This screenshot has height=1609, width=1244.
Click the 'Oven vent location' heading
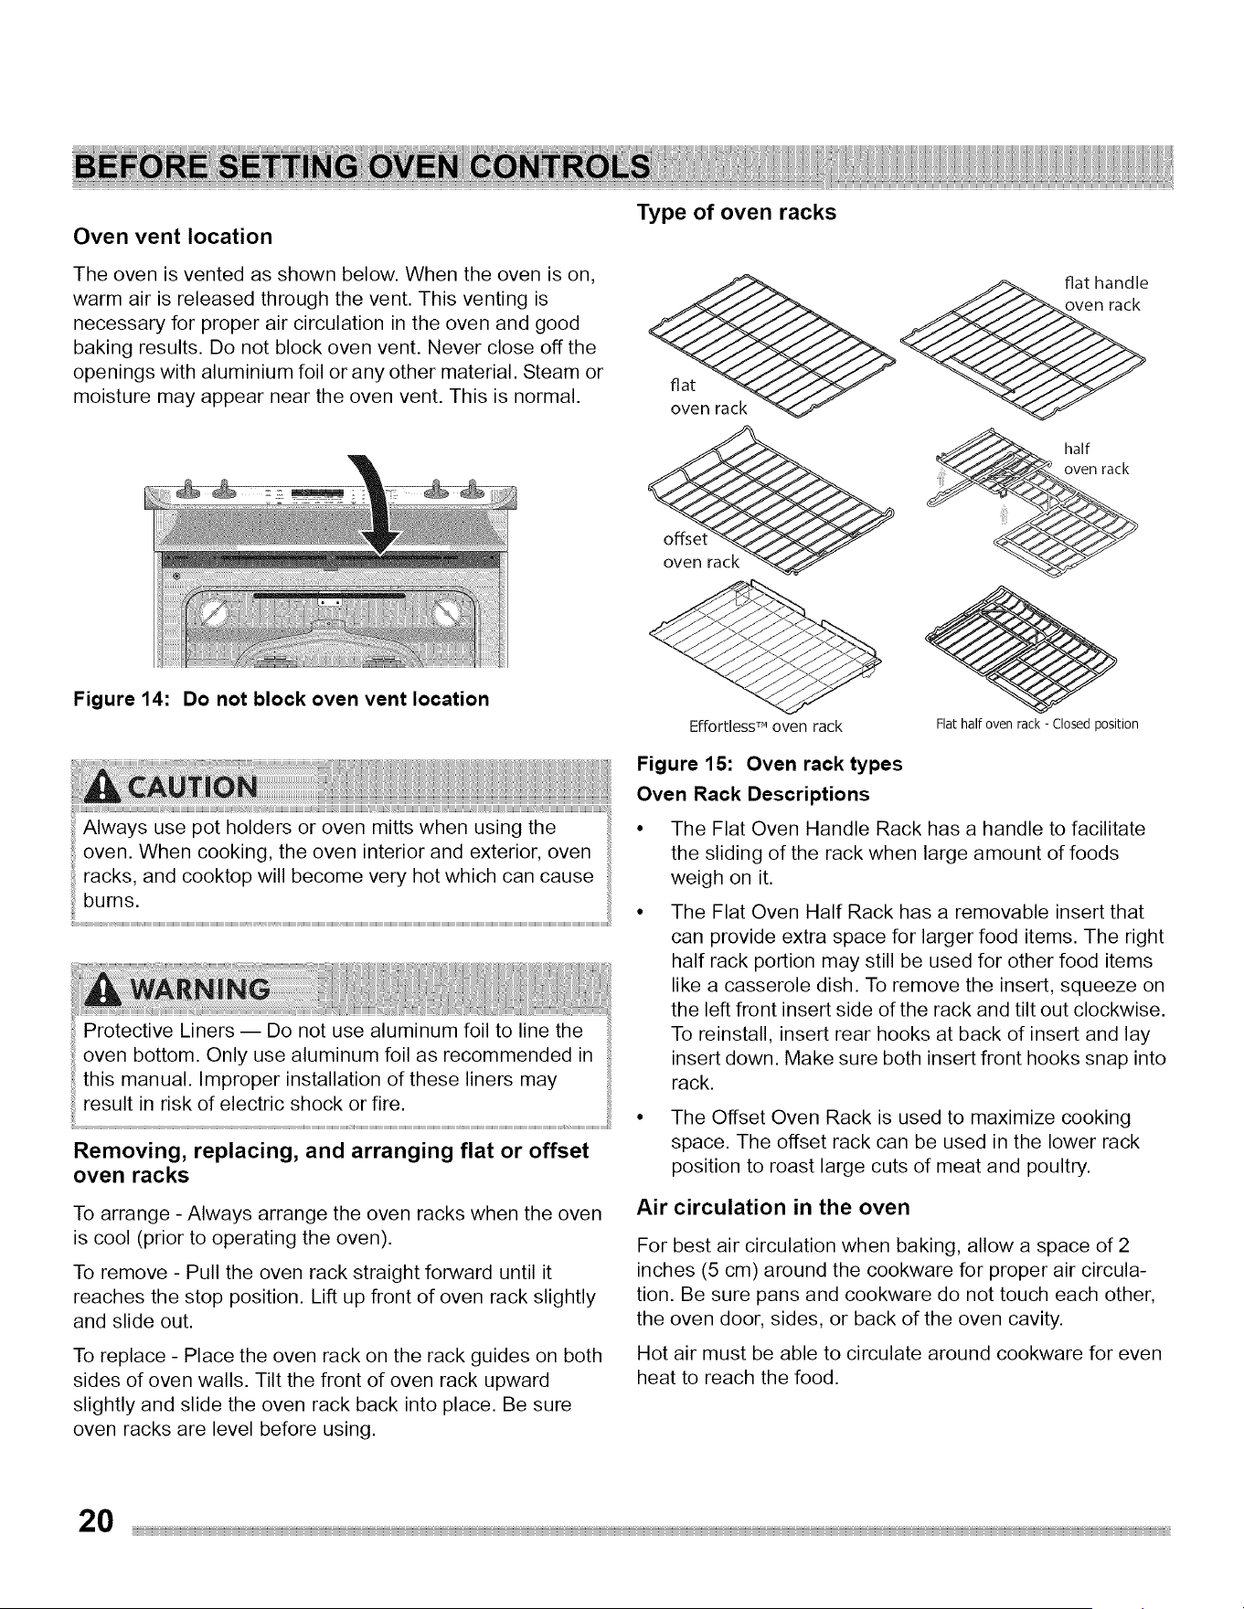[x=173, y=237]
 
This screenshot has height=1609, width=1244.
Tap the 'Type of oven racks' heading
[x=736, y=212]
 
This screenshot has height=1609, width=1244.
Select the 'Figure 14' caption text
[x=281, y=699]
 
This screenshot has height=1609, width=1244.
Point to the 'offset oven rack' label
[x=699, y=550]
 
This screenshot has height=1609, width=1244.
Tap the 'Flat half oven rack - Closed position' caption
[x=1037, y=725]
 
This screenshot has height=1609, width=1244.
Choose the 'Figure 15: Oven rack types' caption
[x=770, y=764]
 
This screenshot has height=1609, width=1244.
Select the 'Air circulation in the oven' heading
[x=773, y=1208]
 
